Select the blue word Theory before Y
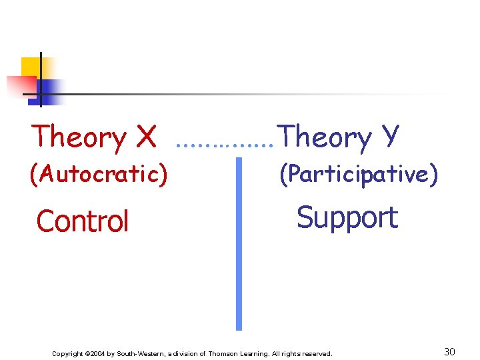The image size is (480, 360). (325, 137)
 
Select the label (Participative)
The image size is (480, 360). (358, 174)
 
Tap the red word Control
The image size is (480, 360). (83, 221)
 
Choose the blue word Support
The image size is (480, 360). (347, 217)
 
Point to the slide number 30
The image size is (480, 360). (449, 351)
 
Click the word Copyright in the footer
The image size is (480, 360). (67, 353)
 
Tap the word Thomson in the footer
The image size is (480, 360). (225, 353)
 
